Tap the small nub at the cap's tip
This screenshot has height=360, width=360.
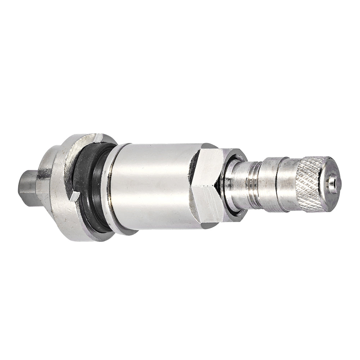coord(333,181)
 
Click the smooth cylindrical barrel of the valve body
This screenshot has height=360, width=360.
coord(151,185)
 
